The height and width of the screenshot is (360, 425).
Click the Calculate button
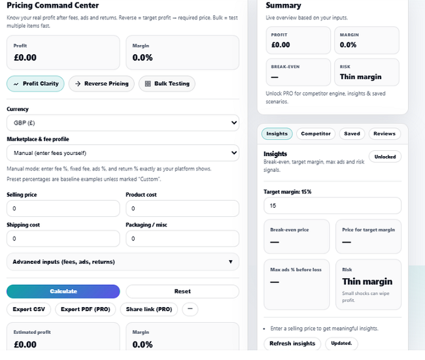63,291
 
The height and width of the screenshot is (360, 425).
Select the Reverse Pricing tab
101,84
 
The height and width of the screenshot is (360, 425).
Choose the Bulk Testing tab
167,84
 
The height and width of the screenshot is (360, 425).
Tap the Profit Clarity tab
35,84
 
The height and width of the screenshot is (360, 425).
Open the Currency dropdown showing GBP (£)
122,122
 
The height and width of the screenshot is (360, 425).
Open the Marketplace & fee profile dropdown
122,153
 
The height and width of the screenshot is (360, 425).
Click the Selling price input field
63,208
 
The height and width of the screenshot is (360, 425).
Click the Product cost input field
182,208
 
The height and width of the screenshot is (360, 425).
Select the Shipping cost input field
63,238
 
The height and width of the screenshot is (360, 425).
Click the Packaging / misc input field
182,238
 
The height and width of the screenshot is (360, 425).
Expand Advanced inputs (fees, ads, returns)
122,262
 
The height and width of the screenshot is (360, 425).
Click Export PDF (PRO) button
86,309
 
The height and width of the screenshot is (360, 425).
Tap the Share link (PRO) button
149,309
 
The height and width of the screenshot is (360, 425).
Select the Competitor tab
316,133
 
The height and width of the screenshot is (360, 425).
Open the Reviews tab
384,133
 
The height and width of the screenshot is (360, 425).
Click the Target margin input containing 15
331,206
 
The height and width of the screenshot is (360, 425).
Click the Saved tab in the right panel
352,133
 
